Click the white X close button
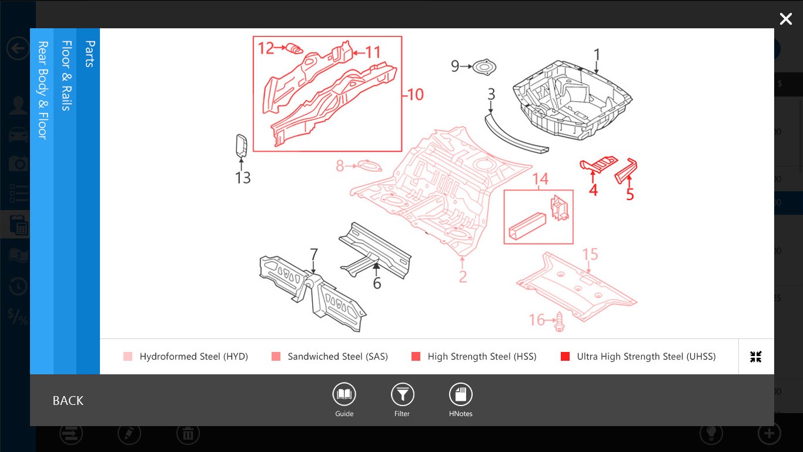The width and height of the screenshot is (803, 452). click(785, 19)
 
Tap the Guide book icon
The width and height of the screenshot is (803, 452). click(344, 394)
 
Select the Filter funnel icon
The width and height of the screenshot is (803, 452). click(402, 394)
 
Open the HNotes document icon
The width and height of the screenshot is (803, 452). click(460, 394)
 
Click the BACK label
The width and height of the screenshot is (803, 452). click(68, 401)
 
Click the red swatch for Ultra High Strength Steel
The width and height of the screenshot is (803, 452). click(566, 357)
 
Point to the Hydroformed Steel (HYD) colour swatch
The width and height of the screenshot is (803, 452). click(128, 357)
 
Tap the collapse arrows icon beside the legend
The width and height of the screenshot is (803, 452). click(756, 357)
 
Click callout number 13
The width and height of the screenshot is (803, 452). click(243, 177)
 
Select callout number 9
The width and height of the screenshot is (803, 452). click(454, 66)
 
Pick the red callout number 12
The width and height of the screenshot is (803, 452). click(266, 48)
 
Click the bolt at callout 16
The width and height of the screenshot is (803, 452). click(559, 321)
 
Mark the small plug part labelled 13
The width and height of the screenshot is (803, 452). click(241, 145)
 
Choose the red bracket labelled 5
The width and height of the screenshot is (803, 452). click(627, 169)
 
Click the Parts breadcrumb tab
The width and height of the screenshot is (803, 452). click(89, 54)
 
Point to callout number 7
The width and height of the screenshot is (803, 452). click(314, 255)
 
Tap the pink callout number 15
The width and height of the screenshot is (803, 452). click(590, 254)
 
